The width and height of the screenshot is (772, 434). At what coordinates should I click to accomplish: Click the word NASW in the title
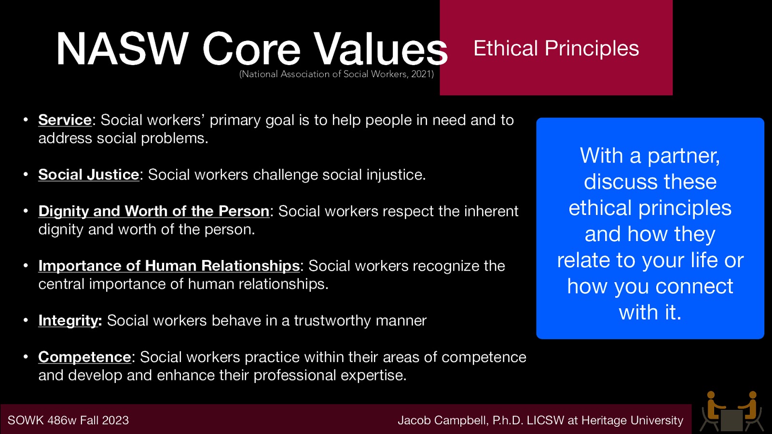point(122,49)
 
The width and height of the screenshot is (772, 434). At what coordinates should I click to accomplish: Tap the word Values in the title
point(381,49)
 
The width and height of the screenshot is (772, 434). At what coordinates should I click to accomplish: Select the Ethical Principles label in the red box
point(556,48)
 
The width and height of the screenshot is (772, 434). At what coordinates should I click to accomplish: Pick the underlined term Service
point(65,120)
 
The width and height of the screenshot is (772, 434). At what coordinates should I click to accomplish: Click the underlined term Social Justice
point(89,175)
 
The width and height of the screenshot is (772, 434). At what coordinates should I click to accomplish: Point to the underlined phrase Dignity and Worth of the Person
point(153,211)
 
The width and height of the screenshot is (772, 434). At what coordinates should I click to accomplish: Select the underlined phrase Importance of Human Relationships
point(169,266)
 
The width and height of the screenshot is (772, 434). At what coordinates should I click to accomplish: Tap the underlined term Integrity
point(69,321)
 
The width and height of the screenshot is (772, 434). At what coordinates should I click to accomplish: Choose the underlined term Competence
point(84,357)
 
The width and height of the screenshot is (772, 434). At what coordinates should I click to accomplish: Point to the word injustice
point(396,175)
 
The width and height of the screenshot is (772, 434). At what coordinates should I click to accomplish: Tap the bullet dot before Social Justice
point(26,174)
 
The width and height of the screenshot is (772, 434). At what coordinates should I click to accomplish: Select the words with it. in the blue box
point(650,312)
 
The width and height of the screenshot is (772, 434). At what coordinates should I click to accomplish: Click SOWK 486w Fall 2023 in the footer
point(68,420)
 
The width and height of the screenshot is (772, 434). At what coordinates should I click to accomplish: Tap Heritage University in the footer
point(632,420)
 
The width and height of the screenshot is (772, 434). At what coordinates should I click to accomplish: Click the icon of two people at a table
point(732,412)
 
